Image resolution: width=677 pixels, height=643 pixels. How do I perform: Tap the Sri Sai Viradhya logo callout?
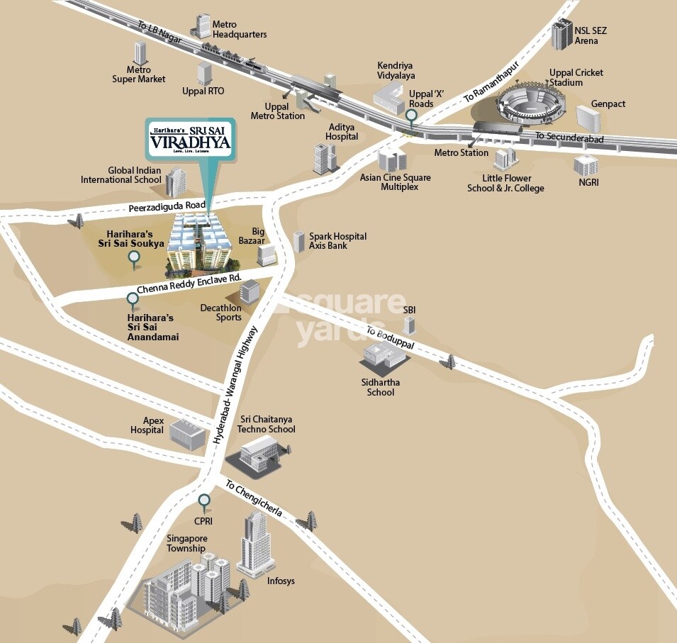click(191, 141)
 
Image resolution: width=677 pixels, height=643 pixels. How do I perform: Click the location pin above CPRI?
click(204, 503)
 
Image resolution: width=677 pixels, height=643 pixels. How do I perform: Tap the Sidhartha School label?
click(380, 387)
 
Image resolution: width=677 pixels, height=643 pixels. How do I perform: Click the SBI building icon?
click(408, 325)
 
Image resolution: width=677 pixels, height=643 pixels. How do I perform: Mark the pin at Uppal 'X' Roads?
click(411, 116)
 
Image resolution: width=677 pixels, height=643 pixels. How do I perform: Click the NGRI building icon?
click(585, 165)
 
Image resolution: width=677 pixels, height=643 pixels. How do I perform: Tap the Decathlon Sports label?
click(220, 313)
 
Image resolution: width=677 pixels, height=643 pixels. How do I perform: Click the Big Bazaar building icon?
click(267, 254)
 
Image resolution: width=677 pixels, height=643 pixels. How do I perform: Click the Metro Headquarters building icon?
click(202, 26)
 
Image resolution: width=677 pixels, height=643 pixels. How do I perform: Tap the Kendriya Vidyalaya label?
click(396, 70)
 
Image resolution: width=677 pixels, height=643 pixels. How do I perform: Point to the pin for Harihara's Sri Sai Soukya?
click(133, 259)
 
